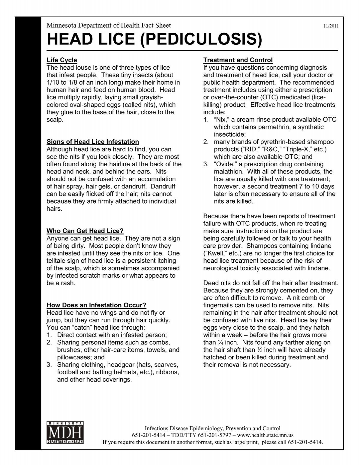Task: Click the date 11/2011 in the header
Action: (x=331, y=26)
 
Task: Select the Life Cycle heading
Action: (x=62, y=60)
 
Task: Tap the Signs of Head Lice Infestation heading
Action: (x=93, y=142)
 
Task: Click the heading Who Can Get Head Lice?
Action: (x=85, y=231)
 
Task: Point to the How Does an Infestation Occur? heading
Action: (x=96, y=305)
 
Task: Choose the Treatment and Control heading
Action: (x=238, y=60)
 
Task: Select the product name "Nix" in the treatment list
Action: (x=222, y=120)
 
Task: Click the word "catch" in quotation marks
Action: (x=68, y=328)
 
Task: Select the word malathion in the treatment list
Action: (x=228, y=172)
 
